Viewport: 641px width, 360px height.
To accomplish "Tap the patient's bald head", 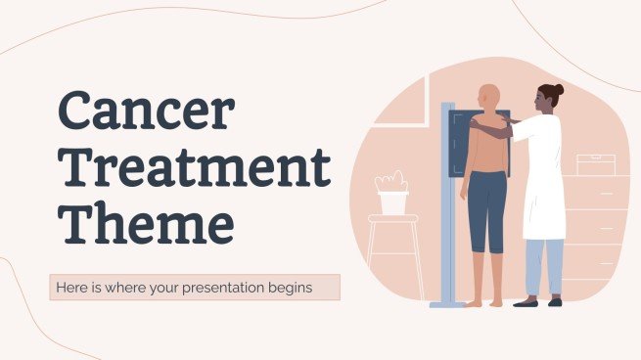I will click(x=487, y=96).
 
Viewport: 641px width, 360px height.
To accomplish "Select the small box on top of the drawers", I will click(x=595, y=164).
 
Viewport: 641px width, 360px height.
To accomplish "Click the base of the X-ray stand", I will click(x=448, y=302).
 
